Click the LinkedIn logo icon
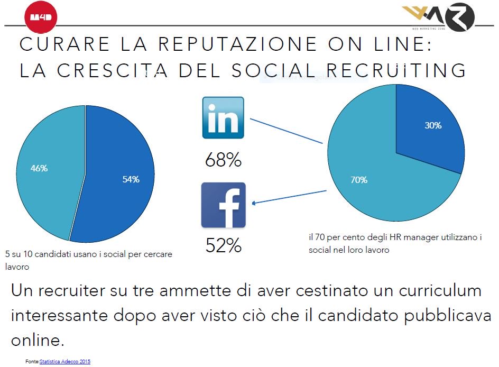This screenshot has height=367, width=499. pos(223,118)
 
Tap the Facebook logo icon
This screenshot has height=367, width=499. pos(223,205)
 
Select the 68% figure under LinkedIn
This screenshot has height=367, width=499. pos(223,160)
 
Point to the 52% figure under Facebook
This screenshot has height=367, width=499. pos(223,245)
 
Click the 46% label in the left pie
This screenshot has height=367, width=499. pos(39,168)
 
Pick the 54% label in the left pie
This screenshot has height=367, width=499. pos(131,180)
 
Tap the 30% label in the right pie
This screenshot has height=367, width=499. pos(433,126)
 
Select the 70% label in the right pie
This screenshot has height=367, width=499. pos(358,180)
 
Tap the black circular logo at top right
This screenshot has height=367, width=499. pos(460,16)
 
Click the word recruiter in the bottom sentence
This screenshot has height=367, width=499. pos(72,291)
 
